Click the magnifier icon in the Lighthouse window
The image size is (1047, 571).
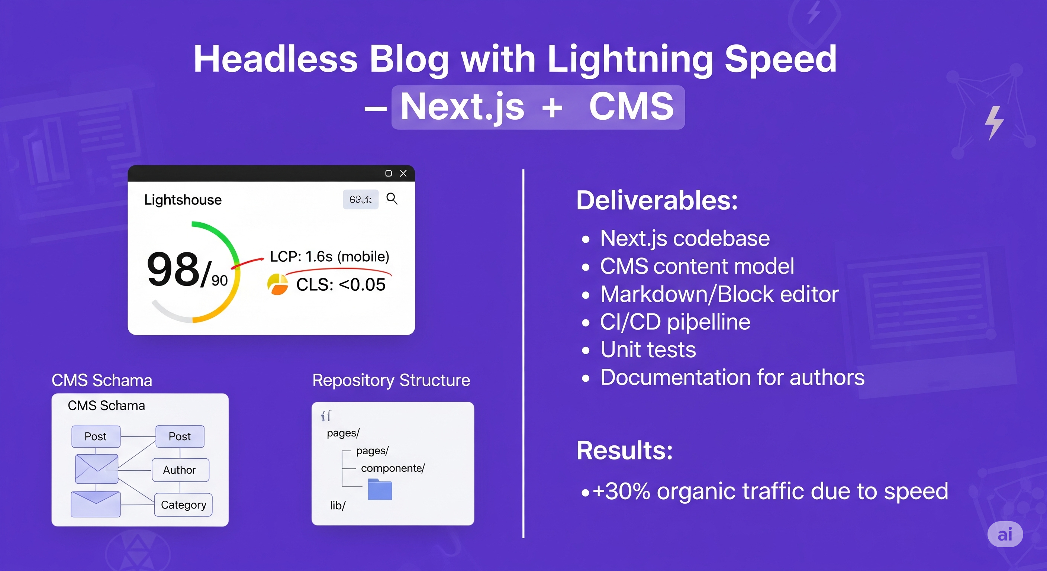tap(392, 199)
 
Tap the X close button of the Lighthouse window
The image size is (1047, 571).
tap(403, 174)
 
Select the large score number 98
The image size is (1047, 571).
tap(173, 269)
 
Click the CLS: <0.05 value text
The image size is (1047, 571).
tap(341, 284)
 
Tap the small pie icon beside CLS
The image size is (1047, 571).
tap(278, 284)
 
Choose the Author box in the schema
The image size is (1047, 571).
tap(180, 470)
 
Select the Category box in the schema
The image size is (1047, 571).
tap(183, 505)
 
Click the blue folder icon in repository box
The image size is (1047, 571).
tap(380, 489)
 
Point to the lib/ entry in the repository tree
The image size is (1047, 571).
tap(338, 506)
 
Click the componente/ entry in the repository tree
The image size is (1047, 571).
tap(393, 468)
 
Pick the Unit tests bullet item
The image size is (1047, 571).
tap(648, 349)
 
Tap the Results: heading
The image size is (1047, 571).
tap(625, 450)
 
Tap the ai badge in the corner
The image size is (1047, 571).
tap(1005, 534)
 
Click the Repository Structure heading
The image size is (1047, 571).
tap(391, 380)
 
